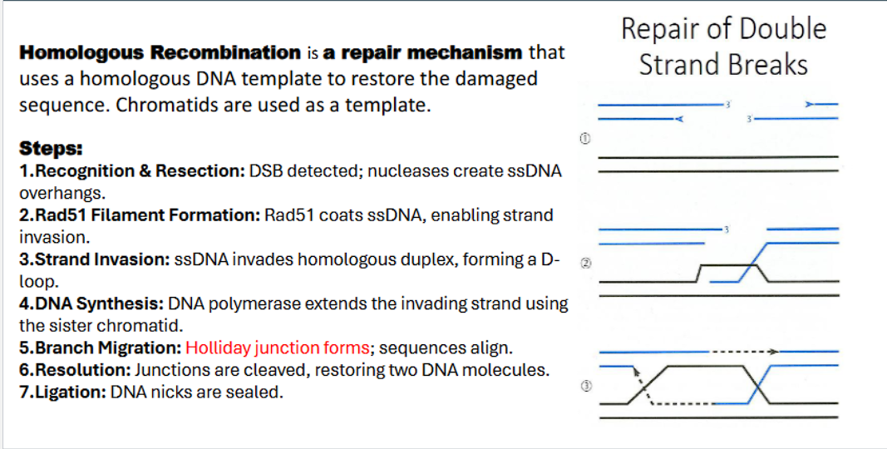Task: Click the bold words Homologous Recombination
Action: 160,52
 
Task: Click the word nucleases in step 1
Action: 404,171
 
